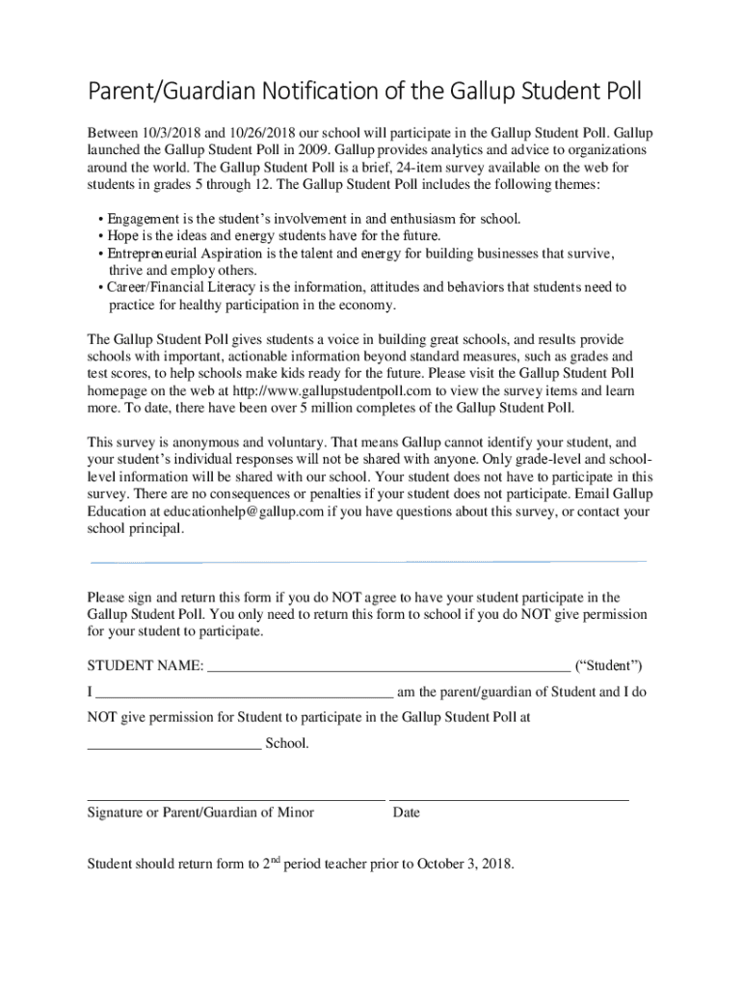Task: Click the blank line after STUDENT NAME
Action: click(x=388, y=668)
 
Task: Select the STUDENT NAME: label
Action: click(x=146, y=666)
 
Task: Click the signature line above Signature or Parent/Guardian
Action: click(x=236, y=800)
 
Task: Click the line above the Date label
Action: click(x=509, y=800)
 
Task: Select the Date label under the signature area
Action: click(x=407, y=813)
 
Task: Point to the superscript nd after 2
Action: click(x=274, y=859)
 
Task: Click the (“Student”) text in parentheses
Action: click(x=608, y=666)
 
